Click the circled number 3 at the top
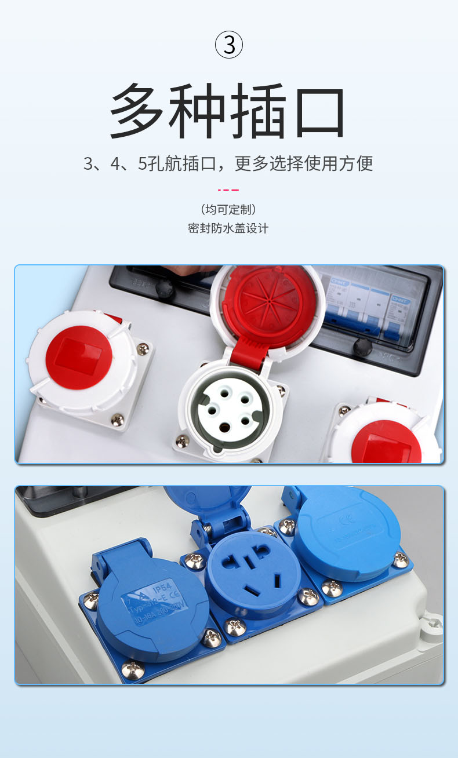[x=229, y=45]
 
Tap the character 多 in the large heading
[x=137, y=111]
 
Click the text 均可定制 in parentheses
[x=228, y=209]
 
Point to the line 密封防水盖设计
[x=228, y=228]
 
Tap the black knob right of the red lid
[x=362, y=347]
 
